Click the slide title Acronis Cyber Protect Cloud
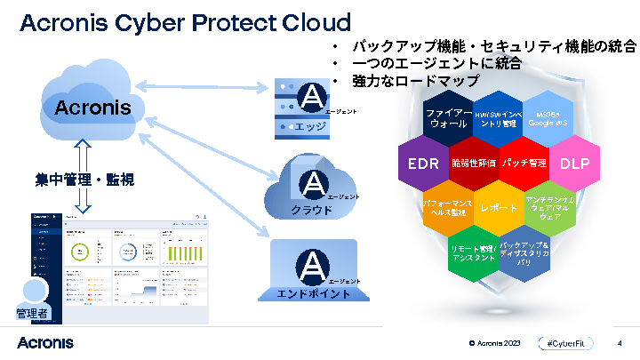[x=185, y=21]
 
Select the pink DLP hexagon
[x=574, y=164]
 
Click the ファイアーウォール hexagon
[x=449, y=119]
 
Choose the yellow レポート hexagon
[x=499, y=208]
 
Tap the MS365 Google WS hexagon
[x=548, y=119]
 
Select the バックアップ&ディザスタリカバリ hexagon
[x=524, y=253]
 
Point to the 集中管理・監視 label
[x=77, y=180]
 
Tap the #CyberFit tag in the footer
[x=564, y=342]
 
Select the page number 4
[x=620, y=342]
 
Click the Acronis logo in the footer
[x=44, y=342]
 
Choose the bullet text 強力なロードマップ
[x=415, y=81]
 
